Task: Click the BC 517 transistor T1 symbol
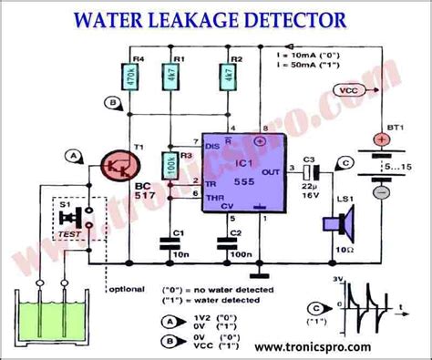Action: click(116, 170)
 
